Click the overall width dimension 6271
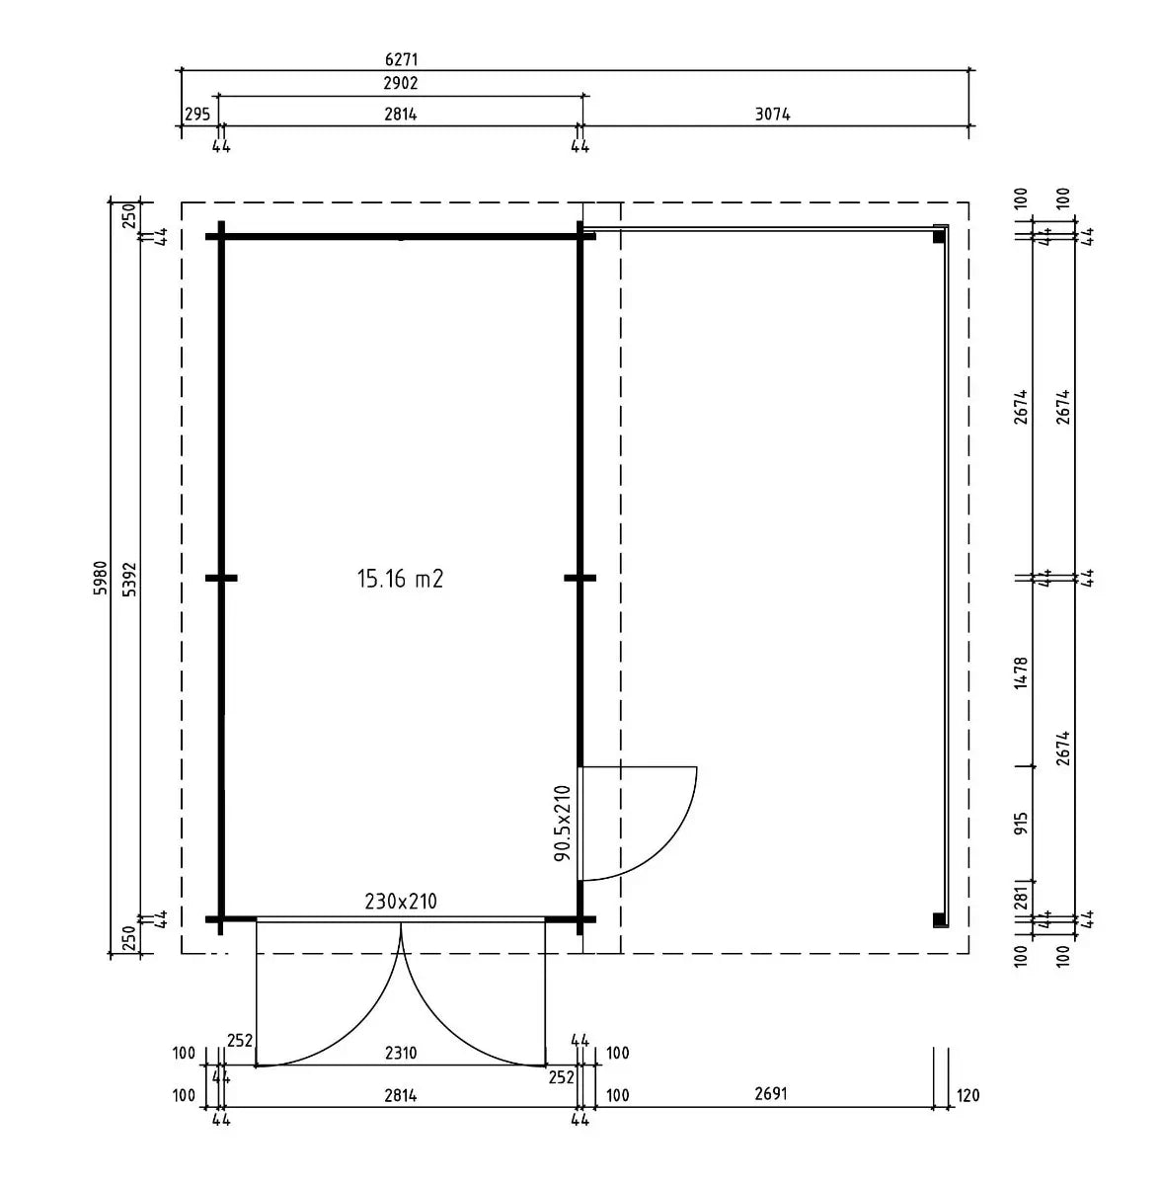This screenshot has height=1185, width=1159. point(401,59)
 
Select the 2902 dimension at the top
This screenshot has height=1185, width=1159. point(401,83)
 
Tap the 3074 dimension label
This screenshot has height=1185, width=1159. point(772,114)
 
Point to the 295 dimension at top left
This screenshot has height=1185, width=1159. point(197,114)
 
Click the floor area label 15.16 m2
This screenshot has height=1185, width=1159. point(400,578)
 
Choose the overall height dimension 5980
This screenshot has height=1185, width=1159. point(101,578)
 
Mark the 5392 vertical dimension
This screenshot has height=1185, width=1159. point(130,579)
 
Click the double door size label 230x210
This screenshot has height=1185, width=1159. point(401,902)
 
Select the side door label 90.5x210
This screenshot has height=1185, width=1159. point(563,824)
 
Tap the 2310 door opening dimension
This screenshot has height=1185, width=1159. point(401,1053)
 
